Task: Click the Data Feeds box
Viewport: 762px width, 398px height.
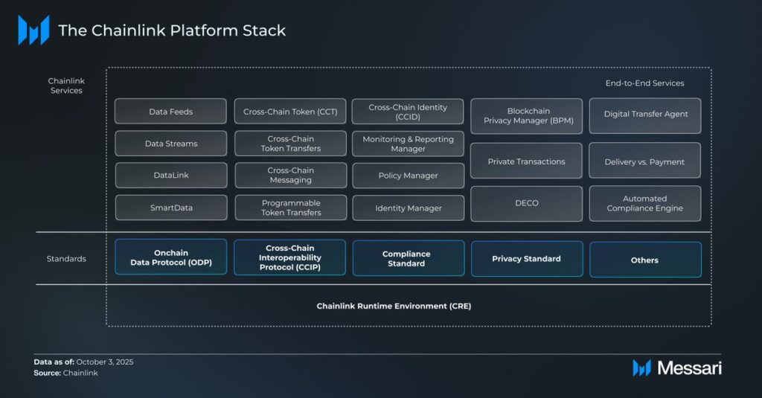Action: point(170,112)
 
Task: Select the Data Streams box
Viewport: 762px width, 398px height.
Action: point(170,144)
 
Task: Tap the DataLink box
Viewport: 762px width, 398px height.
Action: point(170,176)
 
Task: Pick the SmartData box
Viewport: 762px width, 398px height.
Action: point(170,208)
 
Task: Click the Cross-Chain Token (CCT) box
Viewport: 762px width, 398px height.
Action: point(290,112)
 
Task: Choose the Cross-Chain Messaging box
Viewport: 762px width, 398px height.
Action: point(290,176)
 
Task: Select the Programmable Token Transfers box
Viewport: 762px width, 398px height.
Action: point(290,208)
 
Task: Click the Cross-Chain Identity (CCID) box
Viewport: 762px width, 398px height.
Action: point(408,112)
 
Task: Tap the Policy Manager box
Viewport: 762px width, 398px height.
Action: point(408,176)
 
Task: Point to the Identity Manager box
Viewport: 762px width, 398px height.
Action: point(408,208)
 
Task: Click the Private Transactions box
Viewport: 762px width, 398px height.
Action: point(526,161)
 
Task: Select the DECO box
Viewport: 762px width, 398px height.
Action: point(526,203)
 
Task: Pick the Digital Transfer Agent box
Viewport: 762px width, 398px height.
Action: point(644,115)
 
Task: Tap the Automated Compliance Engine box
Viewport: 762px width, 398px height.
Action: point(644,203)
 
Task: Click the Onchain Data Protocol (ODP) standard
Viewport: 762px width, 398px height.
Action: point(170,257)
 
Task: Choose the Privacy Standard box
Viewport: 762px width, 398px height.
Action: point(526,259)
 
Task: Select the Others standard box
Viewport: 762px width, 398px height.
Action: point(644,260)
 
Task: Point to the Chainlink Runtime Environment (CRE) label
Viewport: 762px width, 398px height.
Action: point(394,306)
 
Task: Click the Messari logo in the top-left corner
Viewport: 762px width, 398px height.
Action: point(33,31)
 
